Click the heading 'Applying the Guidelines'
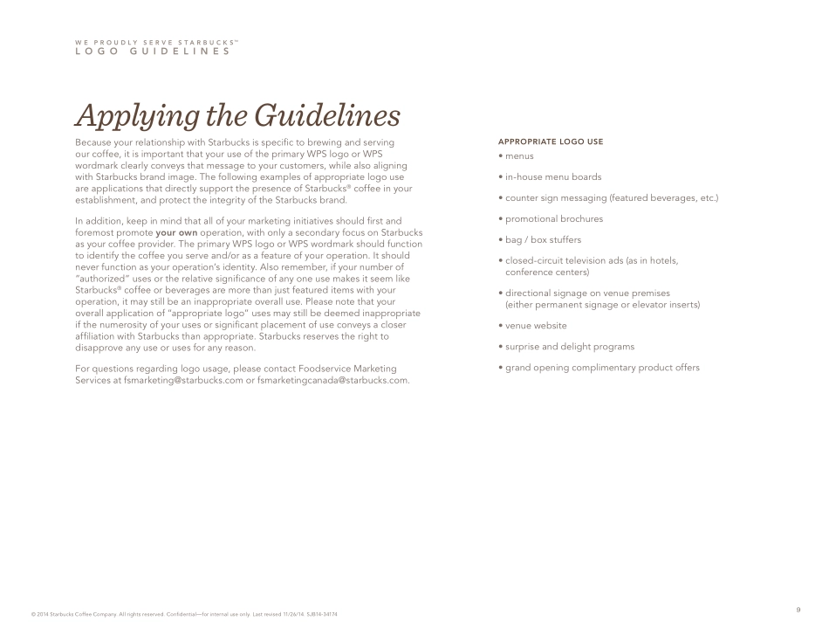click(x=237, y=116)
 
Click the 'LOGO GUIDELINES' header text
click(x=153, y=52)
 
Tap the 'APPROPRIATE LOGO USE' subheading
click(x=550, y=142)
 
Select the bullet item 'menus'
click(x=518, y=156)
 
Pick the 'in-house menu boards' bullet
click(x=552, y=177)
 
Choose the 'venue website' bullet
click(x=535, y=326)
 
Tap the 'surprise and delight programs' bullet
click(x=569, y=347)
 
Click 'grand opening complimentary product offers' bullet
click(x=601, y=368)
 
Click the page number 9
click(x=798, y=610)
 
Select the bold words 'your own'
click(x=176, y=233)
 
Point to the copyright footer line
click(x=183, y=614)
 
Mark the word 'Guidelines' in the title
click(x=327, y=116)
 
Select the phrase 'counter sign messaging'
click(x=555, y=198)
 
